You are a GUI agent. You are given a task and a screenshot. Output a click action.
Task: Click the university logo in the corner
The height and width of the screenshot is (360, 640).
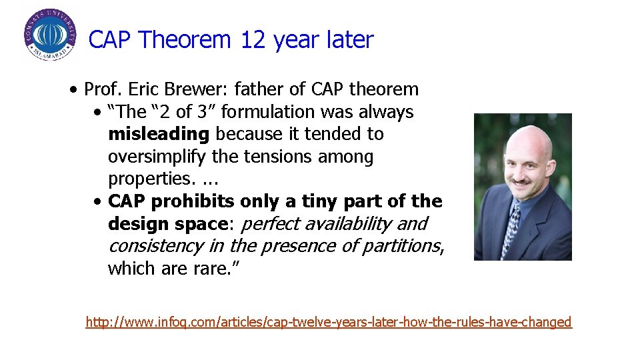(x=50, y=35)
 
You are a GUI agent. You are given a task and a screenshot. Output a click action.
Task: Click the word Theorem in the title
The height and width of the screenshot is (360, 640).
(x=185, y=40)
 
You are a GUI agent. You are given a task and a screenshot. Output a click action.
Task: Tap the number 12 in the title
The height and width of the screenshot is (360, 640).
(x=253, y=40)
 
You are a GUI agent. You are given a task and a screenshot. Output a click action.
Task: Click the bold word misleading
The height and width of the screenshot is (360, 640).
(x=159, y=134)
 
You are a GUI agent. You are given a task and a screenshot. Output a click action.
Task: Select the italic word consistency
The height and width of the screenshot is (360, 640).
(x=156, y=246)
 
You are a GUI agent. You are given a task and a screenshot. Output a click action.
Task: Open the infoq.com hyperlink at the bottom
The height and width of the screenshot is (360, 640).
(x=329, y=322)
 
